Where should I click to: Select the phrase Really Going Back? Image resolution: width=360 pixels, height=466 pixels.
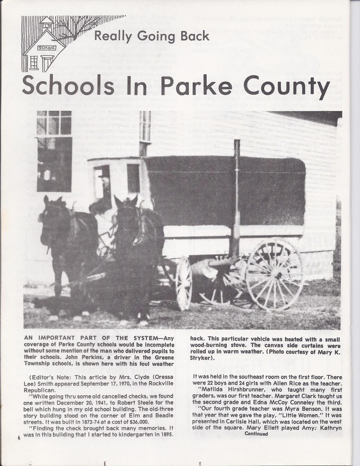[x=152, y=36]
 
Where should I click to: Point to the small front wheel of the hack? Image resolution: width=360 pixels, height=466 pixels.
[x=183, y=283]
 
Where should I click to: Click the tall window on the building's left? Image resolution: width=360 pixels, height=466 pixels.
[x=54, y=151]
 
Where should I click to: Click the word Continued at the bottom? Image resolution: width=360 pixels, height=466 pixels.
[x=256, y=434]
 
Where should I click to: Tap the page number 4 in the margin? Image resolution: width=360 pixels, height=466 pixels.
[x=19, y=436]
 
